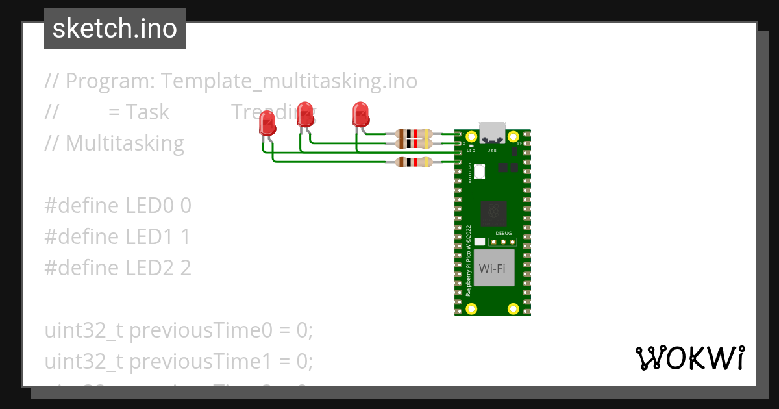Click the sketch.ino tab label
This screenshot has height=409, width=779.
pyautogui.click(x=115, y=29)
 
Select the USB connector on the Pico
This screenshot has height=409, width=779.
pyautogui.click(x=491, y=132)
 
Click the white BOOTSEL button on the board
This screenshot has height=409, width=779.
pyautogui.click(x=480, y=172)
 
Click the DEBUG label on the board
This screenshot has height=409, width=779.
pyautogui.click(x=504, y=232)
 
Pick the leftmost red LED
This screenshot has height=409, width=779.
pyautogui.click(x=267, y=123)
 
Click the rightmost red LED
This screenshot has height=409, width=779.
pyautogui.click(x=360, y=115)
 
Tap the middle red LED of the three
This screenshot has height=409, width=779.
pyautogui.click(x=305, y=115)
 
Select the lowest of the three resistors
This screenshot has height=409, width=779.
pyautogui.click(x=413, y=162)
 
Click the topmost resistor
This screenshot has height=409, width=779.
pyautogui.click(x=413, y=134)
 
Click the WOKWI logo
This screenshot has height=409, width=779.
pyautogui.click(x=689, y=358)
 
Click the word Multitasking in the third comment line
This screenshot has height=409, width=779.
pyautogui.click(x=125, y=143)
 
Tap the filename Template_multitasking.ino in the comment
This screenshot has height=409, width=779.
pyautogui.click(x=289, y=81)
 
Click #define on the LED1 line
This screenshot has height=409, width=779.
pyautogui.click(x=82, y=237)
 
